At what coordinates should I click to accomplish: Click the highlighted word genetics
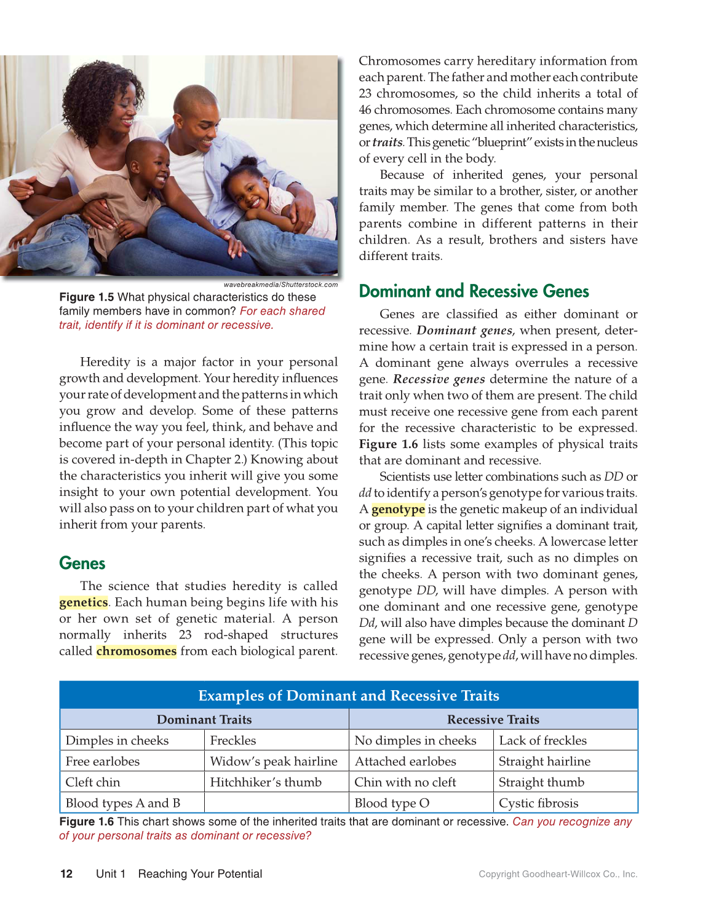(84, 602)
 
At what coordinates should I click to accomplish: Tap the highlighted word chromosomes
(137, 651)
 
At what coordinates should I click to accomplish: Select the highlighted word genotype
(398, 509)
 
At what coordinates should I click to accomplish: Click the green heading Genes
(82, 563)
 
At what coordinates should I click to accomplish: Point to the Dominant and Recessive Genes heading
(474, 291)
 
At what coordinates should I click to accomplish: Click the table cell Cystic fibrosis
(538, 803)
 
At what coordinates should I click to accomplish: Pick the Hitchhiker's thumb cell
(266, 782)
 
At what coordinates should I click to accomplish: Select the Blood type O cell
(392, 803)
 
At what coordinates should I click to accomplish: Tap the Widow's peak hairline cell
(274, 761)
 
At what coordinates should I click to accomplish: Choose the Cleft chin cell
(93, 782)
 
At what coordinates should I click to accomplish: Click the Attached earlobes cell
(405, 761)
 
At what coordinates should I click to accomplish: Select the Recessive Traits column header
(493, 719)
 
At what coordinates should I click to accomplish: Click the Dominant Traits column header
(204, 719)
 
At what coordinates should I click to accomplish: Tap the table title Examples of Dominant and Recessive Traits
(349, 695)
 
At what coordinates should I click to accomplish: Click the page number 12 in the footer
(66, 873)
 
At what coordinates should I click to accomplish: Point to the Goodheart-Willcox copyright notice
(558, 874)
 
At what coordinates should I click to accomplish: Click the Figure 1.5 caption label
(86, 297)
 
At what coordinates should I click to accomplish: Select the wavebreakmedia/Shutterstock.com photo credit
(280, 285)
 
